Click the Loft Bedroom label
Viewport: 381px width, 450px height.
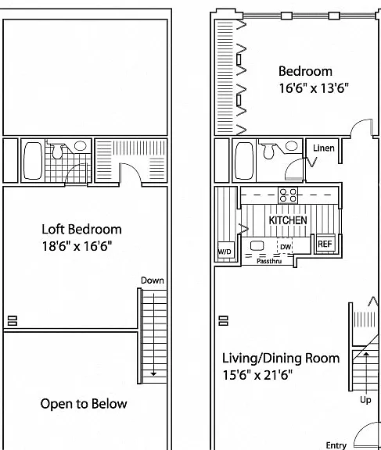tap(81, 230)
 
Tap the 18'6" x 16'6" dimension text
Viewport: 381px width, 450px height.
tap(77, 246)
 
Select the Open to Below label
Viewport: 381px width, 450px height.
tap(84, 404)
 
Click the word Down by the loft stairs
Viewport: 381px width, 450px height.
tap(153, 280)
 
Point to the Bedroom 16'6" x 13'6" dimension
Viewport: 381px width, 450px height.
tap(314, 87)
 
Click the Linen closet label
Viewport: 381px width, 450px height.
tap(324, 148)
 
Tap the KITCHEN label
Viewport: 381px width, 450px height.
tap(288, 220)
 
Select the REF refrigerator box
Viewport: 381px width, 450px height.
tap(325, 244)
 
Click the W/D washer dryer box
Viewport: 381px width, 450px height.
tap(226, 252)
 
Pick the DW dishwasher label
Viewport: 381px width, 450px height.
tap(286, 247)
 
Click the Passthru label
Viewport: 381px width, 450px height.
tap(269, 261)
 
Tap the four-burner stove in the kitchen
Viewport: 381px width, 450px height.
tap(288, 195)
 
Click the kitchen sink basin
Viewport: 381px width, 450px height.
tap(257, 246)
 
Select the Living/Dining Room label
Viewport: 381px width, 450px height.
tap(281, 359)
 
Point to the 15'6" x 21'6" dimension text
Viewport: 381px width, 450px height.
tap(257, 375)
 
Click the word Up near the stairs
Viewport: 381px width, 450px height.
tap(365, 400)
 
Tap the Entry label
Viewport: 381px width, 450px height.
tap(336, 445)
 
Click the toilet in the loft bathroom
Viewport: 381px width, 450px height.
tap(57, 152)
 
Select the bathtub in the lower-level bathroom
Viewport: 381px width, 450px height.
tap(244, 161)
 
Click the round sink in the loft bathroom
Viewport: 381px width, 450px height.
tap(81, 146)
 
